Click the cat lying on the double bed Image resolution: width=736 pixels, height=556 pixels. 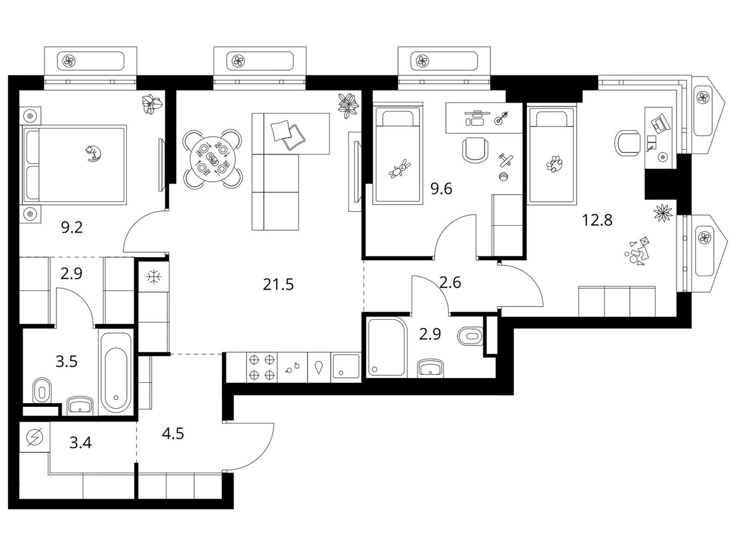[x=93, y=153]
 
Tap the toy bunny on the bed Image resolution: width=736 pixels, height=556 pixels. [x=400, y=169]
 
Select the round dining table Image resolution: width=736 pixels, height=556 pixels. [x=213, y=158]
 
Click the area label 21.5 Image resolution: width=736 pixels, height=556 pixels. [x=278, y=285]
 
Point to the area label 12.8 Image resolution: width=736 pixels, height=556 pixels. [x=597, y=220]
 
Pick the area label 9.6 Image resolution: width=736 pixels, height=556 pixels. [x=441, y=189]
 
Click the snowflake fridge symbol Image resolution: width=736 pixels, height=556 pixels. [x=154, y=277]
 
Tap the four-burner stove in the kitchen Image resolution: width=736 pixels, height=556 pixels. [x=262, y=367]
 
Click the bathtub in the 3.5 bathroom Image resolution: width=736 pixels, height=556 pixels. [x=116, y=373]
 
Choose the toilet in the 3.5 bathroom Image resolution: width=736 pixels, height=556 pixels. [x=42, y=391]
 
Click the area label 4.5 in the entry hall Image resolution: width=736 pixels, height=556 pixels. [x=173, y=434]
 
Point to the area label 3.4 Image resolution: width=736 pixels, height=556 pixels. [x=80, y=443]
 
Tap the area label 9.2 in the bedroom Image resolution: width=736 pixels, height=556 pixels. [x=72, y=228]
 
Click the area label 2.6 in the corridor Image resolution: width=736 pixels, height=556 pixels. [x=450, y=283]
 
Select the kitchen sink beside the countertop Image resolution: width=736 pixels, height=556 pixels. [x=345, y=367]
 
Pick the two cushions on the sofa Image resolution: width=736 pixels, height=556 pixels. [x=288, y=134]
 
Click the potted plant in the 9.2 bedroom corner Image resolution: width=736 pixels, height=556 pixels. [x=152, y=104]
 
